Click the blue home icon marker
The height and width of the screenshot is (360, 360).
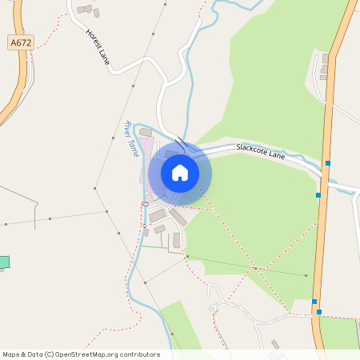pyautogui.click(x=180, y=172)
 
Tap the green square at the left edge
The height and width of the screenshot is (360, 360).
pyautogui.click(x=4, y=262)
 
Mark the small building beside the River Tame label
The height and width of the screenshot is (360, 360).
pyautogui.click(x=146, y=132)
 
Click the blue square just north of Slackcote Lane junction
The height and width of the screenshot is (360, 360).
pyautogui.click(x=327, y=163)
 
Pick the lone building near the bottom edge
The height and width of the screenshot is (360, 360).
pyautogui.click(x=275, y=345)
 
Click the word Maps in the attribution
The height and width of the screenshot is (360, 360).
pyautogui.click(x=12, y=354)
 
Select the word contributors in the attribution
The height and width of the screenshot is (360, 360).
pyautogui.click(x=139, y=354)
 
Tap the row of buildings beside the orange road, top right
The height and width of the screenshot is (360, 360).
pyautogui.click(x=325, y=67)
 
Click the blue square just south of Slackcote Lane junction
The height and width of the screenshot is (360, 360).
pyautogui.click(x=318, y=194)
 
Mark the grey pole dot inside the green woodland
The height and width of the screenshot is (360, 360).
pyautogui.click(x=306, y=275)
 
